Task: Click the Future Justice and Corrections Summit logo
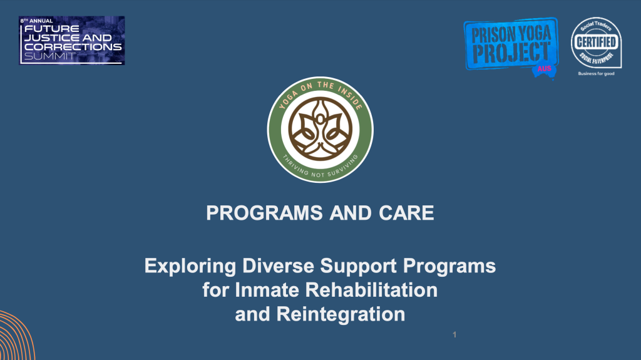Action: click(x=71, y=41)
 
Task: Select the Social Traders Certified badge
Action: click(x=595, y=43)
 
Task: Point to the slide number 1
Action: click(x=454, y=336)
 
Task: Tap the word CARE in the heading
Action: click(x=406, y=213)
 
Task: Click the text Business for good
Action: click(x=595, y=73)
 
